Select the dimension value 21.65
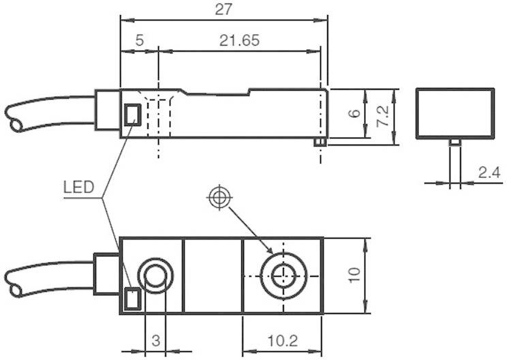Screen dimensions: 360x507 click(x=239, y=40)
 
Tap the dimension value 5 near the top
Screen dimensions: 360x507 click(x=139, y=40)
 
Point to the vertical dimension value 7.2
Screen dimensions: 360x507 click(x=384, y=117)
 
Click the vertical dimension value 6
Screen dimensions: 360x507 click(x=354, y=113)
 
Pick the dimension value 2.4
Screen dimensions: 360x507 click(x=489, y=173)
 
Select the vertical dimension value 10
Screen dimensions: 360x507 click(x=354, y=275)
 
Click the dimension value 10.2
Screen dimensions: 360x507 click(x=282, y=339)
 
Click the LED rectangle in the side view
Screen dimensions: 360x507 click(x=132, y=114)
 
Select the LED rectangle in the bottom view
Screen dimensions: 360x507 click(x=132, y=297)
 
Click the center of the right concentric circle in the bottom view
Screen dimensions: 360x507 click(x=281, y=275)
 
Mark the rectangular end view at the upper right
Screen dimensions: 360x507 click(x=455, y=112)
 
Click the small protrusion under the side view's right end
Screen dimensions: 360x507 click(x=318, y=142)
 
